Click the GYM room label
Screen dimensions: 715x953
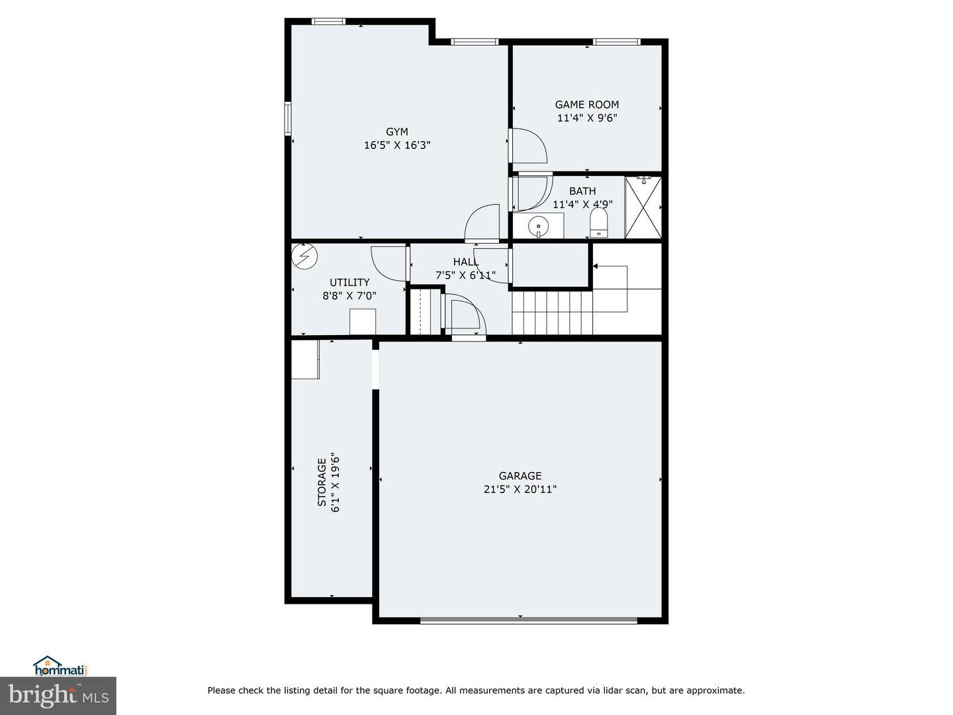(x=396, y=132)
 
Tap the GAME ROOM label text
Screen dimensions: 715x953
(x=586, y=105)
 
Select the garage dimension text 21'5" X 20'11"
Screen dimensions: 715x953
(x=520, y=489)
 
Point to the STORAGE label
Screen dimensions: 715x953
(x=322, y=483)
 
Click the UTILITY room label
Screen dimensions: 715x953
(x=349, y=283)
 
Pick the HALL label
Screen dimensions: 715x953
(x=466, y=262)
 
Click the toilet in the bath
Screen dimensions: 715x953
(x=598, y=224)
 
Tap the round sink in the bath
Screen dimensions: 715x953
(x=539, y=226)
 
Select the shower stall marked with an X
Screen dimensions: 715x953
(x=643, y=207)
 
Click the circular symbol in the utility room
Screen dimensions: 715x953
(x=304, y=256)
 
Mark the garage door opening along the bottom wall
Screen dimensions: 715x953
(x=528, y=620)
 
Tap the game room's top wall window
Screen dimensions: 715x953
(x=616, y=42)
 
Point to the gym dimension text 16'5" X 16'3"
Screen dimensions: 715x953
(x=396, y=146)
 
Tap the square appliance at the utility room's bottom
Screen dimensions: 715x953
(x=362, y=322)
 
